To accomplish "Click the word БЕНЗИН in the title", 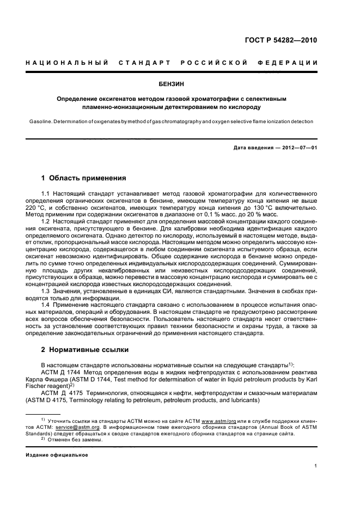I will [180, 84].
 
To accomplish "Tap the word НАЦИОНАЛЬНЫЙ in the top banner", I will [66, 63].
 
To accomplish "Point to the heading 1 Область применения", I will [84, 178].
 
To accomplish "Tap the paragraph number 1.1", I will [46, 194].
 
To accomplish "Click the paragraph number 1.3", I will [46, 292].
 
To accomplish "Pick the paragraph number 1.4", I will [46, 305].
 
